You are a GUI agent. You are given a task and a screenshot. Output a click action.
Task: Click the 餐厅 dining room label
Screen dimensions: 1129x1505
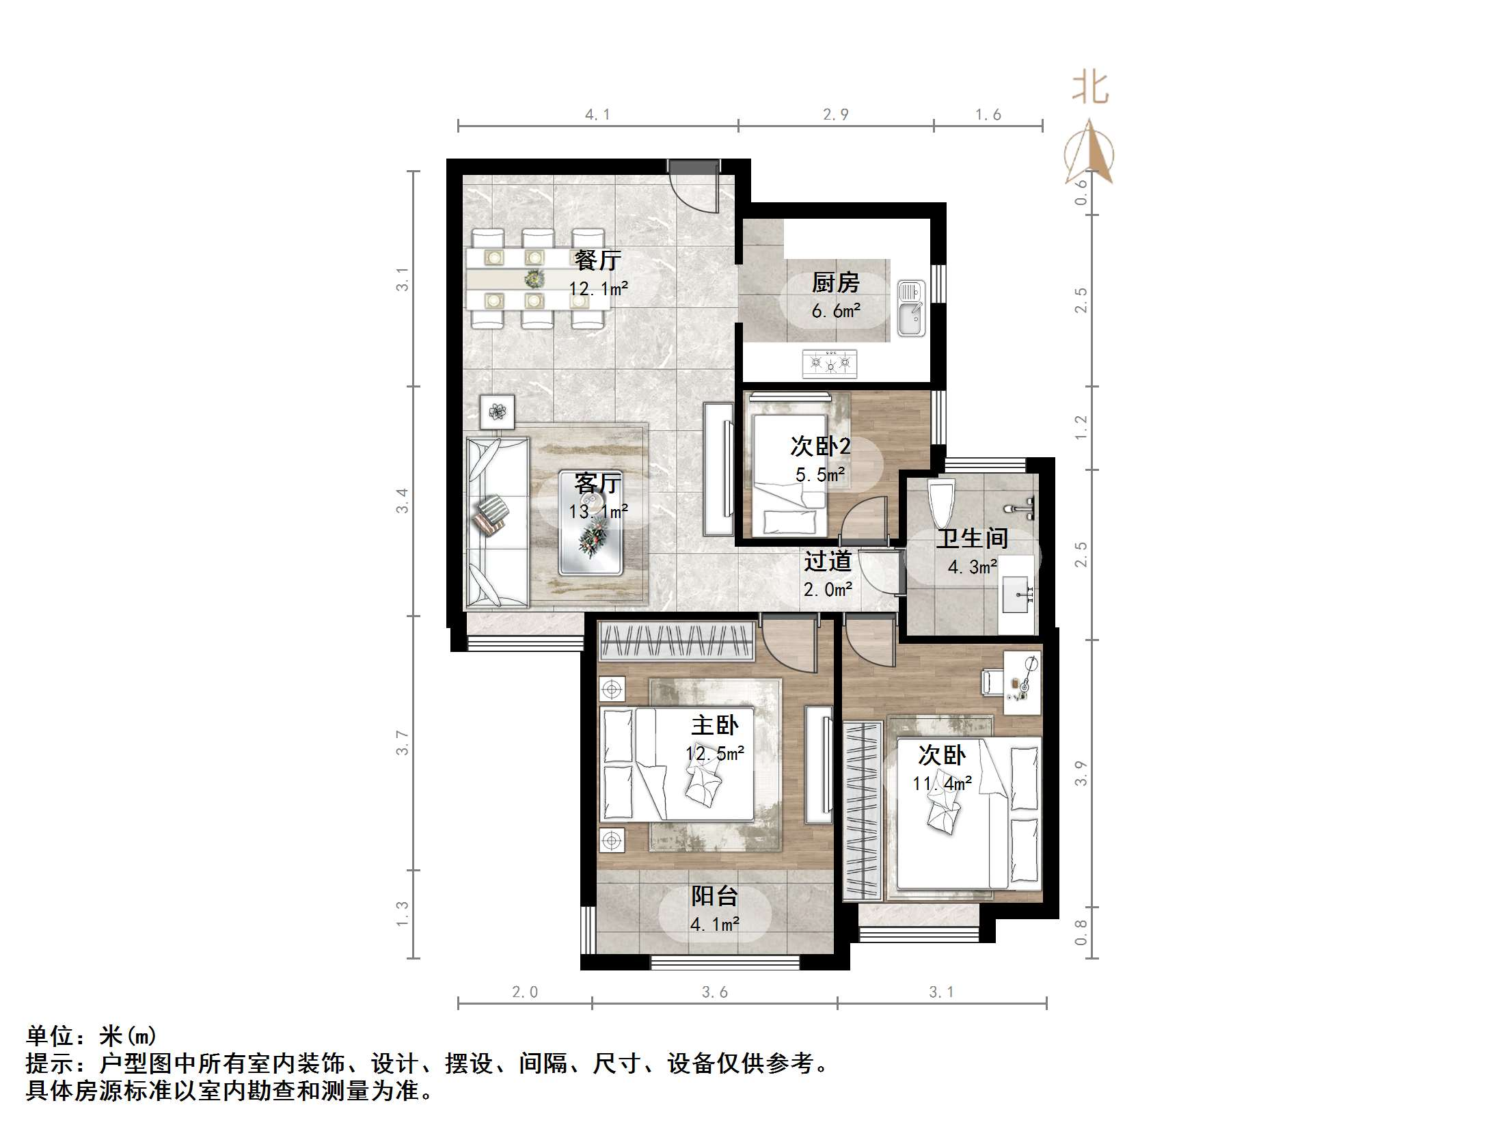tap(597, 260)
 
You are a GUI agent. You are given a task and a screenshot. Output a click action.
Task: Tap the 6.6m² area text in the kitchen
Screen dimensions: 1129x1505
tap(835, 312)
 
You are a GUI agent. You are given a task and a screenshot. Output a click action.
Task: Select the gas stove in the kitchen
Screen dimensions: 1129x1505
tap(830, 363)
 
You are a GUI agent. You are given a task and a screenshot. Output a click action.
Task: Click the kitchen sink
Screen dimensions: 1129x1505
tap(911, 309)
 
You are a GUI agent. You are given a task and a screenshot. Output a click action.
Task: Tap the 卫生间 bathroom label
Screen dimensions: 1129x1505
tap(971, 539)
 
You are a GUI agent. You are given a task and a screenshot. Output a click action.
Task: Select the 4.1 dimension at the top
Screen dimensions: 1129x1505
tap(597, 115)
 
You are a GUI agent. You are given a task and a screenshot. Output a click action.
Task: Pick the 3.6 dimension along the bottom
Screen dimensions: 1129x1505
tap(714, 992)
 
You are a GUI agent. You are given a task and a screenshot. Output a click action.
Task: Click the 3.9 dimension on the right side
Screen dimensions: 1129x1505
tap(1081, 773)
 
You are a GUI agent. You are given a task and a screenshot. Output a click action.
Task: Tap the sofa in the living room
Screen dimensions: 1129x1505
tap(497, 523)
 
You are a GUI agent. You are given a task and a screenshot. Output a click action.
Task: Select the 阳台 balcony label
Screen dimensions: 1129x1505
tap(714, 896)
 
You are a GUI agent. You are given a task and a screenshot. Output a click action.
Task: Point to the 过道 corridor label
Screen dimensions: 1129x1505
tap(827, 561)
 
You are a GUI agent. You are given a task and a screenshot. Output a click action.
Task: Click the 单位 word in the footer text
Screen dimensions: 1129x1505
tap(50, 1037)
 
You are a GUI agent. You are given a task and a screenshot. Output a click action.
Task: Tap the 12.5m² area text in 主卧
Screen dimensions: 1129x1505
tap(714, 754)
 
